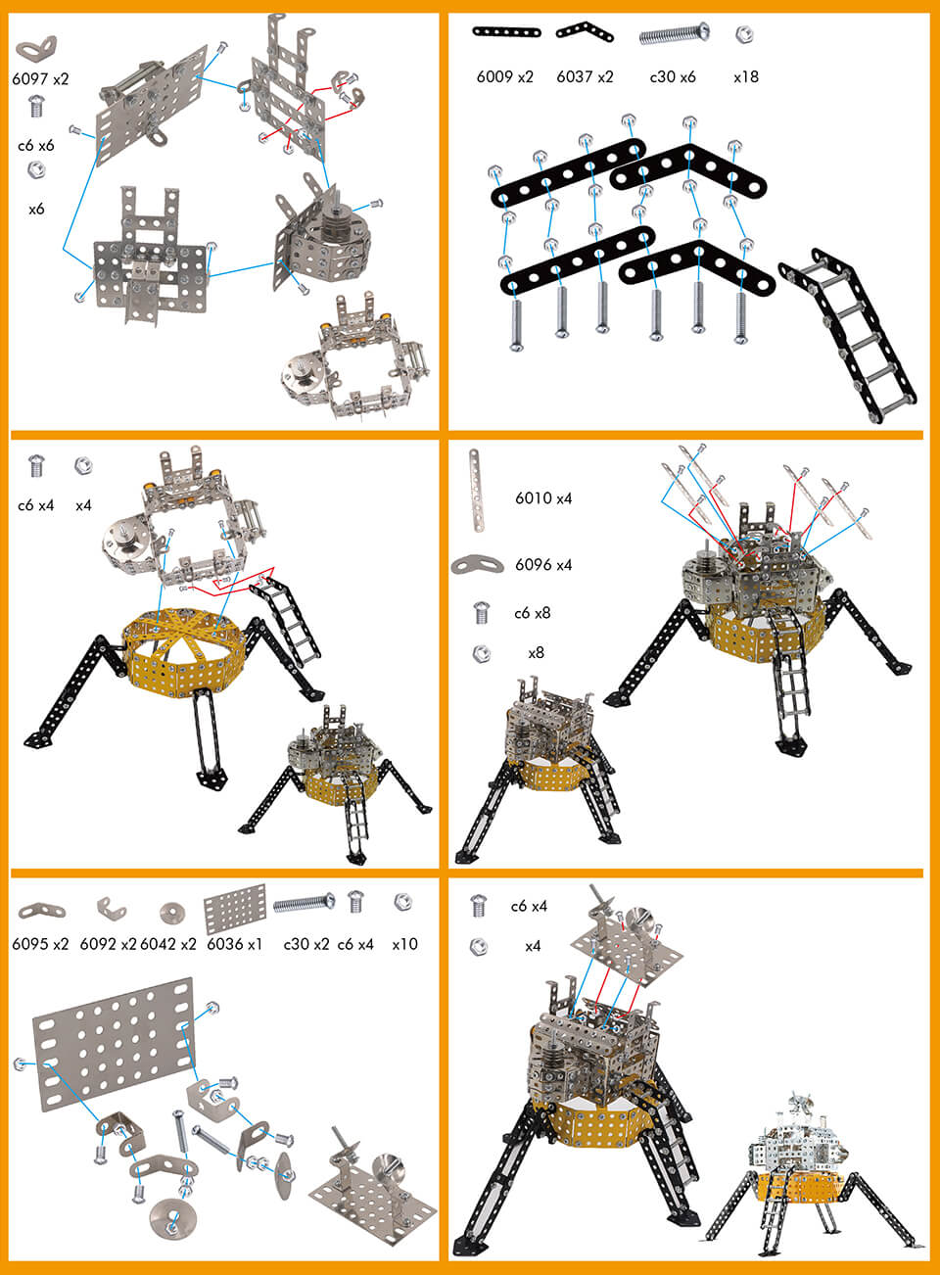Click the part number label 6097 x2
coord(41,79)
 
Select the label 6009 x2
coord(504,76)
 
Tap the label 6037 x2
coord(585,76)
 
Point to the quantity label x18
coord(745,76)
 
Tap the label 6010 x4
coord(543,498)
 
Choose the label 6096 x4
coord(543,565)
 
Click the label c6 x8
coord(532,613)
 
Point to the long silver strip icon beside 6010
coord(476,491)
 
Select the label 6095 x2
coord(40,944)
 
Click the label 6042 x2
coord(168,944)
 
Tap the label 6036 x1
coord(234,944)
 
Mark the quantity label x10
coord(404,944)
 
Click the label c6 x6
coord(36,145)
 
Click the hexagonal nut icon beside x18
coord(744,35)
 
